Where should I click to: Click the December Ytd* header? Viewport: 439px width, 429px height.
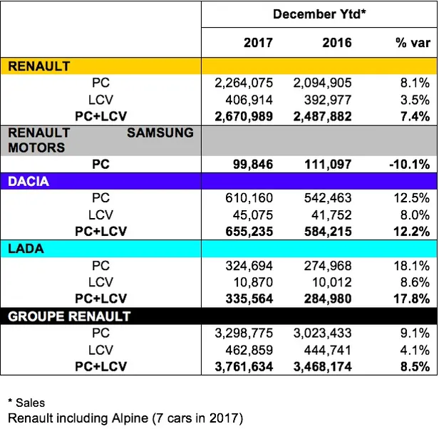pyautogui.click(x=318, y=13)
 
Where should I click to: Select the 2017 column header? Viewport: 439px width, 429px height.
pyautogui.click(x=258, y=43)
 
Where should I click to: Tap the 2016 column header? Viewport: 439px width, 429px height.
pyautogui.click(x=336, y=43)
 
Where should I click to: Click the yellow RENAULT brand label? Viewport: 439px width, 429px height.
pyautogui.click(x=39, y=66)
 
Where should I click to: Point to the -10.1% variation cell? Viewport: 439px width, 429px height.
pyautogui.click(x=409, y=165)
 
